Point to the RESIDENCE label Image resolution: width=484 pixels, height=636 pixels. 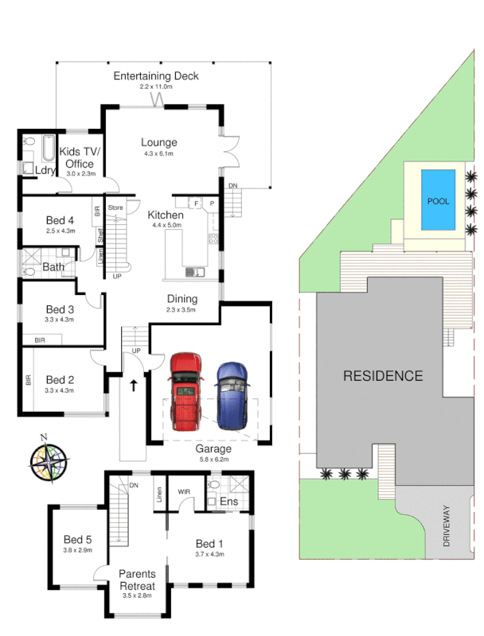click(383, 375)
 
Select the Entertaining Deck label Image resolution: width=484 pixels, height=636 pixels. click(156, 76)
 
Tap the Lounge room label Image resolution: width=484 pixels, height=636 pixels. click(159, 142)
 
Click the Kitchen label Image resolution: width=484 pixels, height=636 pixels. click(166, 215)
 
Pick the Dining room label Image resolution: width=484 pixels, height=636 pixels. click(181, 299)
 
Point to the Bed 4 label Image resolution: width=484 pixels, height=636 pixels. click(60, 220)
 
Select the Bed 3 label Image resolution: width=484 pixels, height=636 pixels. click(60, 309)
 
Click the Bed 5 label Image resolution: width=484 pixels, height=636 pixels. click(78, 537)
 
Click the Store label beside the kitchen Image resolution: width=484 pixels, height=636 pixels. click(116, 208)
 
